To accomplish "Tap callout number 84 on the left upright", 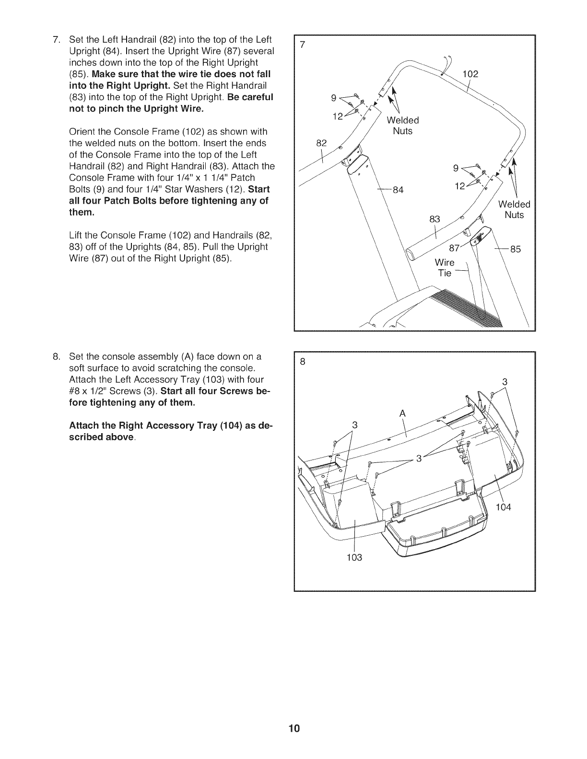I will click(x=398, y=190).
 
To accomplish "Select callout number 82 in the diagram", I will click(x=321, y=143).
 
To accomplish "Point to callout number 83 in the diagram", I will click(x=434, y=219).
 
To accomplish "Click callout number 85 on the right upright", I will click(x=515, y=249).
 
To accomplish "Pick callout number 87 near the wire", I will click(x=453, y=248).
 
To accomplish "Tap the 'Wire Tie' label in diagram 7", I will click(x=445, y=268).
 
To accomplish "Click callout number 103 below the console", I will click(x=354, y=557).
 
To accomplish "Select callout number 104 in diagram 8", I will click(x=504, y=507).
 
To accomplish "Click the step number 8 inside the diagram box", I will click(x=302, y=362).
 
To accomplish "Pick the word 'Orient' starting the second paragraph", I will click(x=82, y=131).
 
